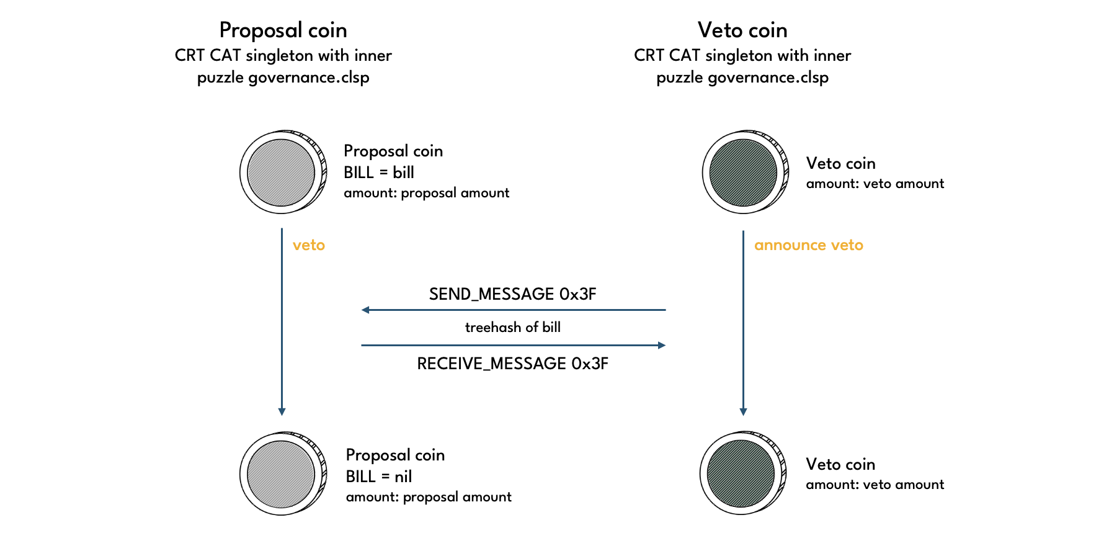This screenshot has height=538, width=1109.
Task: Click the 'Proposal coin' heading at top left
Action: pos(283,30)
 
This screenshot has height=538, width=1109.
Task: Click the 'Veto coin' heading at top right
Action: pos(742,30)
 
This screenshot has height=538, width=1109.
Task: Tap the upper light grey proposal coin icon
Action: pos(282,172)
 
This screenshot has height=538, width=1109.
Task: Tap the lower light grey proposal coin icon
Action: pos(282,473)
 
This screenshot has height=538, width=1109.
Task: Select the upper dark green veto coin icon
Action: pos(744,172)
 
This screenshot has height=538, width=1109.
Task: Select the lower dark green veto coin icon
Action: pos(741,473)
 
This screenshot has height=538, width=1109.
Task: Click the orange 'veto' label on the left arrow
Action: pos(309,245)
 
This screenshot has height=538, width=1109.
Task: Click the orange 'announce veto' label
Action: pos(808,245)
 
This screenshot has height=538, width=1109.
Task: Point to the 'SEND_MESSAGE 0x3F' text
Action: pos(512,294)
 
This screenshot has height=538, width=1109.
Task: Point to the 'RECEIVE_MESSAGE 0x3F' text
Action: pos(512,363)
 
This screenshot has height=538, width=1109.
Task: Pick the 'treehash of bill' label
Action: pos(512,327)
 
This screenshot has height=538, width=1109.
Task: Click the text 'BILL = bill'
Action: pos(379,172)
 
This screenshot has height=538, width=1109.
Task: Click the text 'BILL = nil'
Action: pos(379,476)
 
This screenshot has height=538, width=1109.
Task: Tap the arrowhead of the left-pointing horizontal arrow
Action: pos(365,310)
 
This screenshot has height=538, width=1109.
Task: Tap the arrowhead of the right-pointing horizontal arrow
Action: pos(662,345)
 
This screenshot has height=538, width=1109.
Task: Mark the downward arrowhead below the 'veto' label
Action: pos(282,411)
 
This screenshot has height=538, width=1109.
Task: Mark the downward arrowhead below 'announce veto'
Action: pos(743,411)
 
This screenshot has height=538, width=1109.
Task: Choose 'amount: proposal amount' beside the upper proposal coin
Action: pos(426,193)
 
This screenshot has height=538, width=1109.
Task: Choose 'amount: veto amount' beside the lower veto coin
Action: pos(875,485)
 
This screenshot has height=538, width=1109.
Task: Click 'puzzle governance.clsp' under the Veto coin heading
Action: pos(742,78)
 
